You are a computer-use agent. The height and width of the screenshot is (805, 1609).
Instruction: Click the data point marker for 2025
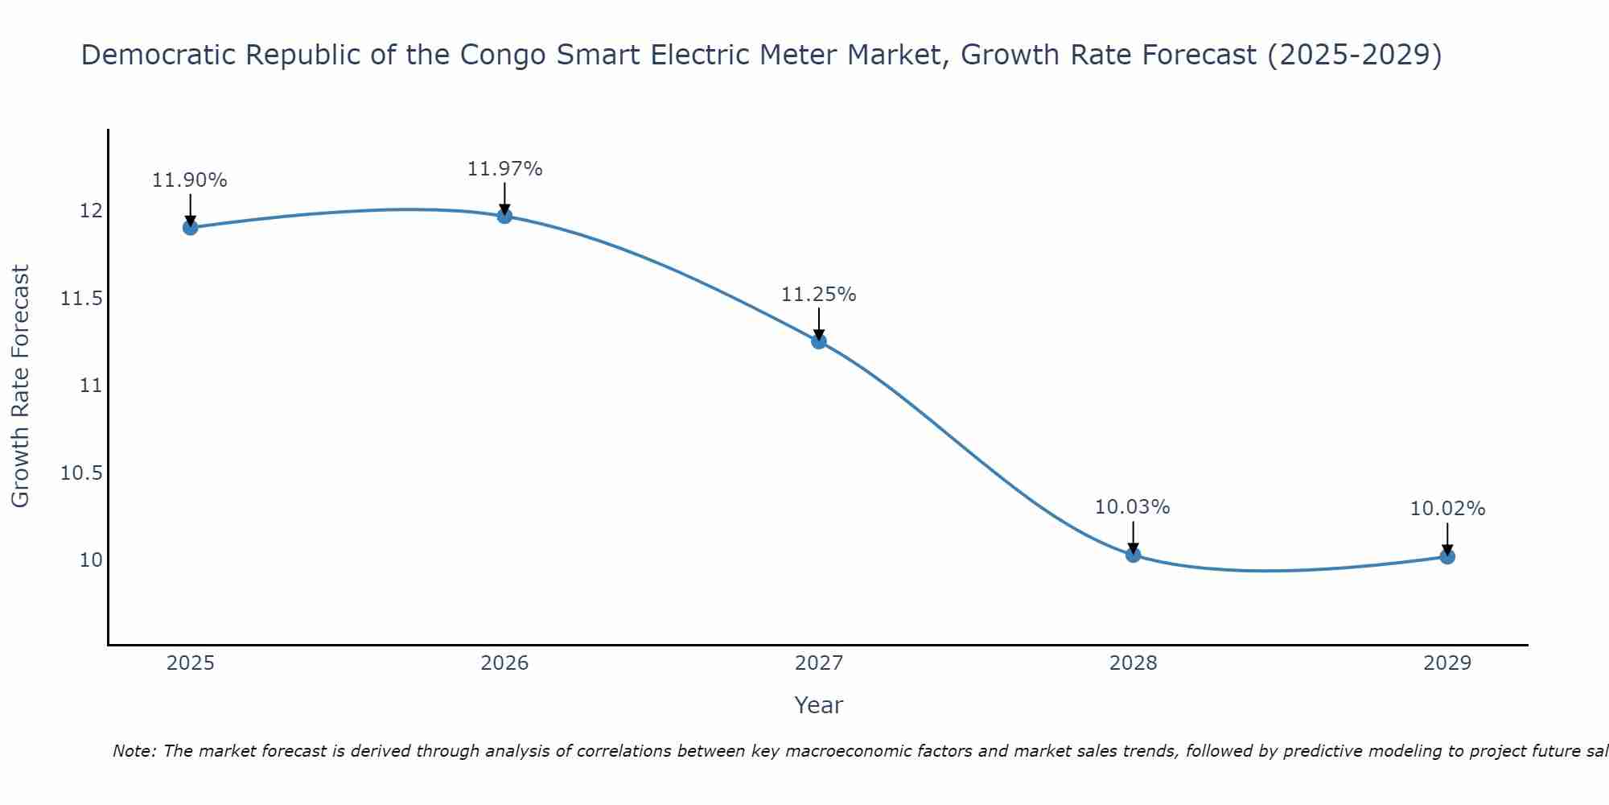tap(191, 227)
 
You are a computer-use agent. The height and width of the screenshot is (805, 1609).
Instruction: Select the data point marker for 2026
tap(504, 216)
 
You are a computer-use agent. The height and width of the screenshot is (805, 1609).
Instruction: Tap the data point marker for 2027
tap(819, 341)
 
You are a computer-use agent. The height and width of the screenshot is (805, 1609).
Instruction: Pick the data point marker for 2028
tap(1133, 555)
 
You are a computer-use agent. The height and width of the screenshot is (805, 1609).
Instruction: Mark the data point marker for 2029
tap(1447, 556)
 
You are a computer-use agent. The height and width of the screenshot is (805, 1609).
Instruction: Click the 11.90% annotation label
tap(190, 180)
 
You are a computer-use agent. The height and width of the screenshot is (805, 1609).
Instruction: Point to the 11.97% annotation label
tap(504, 169)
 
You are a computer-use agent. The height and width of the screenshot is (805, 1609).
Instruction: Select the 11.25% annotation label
tap(819, 295)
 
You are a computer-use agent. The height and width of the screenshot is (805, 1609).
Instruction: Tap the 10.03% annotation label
tap(1133, 507)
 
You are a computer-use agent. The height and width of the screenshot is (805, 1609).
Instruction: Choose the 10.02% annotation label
tap(1447, 509)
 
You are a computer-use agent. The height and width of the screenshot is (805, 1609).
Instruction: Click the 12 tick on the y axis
tap(91, 211)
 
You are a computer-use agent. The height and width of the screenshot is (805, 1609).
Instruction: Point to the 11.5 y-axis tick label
tap(81, 299)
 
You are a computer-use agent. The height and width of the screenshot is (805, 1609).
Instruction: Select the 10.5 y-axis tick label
tap(81, 473)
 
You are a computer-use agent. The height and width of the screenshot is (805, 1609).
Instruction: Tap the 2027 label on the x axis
tap(819, 663)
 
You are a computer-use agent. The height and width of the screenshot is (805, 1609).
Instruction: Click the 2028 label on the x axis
tap(1133, 663)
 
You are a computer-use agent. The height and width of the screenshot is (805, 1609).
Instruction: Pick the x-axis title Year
tap(819, 705)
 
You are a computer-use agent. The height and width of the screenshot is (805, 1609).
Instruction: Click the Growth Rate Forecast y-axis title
tap(20, 386)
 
